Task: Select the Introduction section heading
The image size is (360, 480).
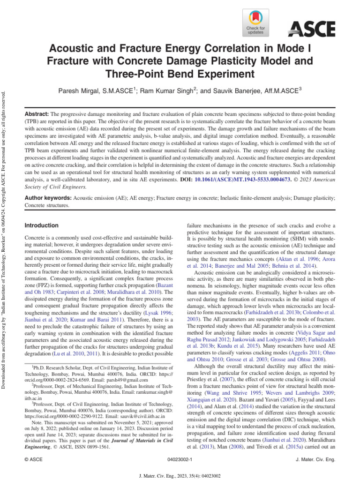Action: pos(41,225)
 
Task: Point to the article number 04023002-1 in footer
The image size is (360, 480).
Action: pos(180,460)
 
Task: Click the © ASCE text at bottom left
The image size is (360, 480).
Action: pos(33,460)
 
